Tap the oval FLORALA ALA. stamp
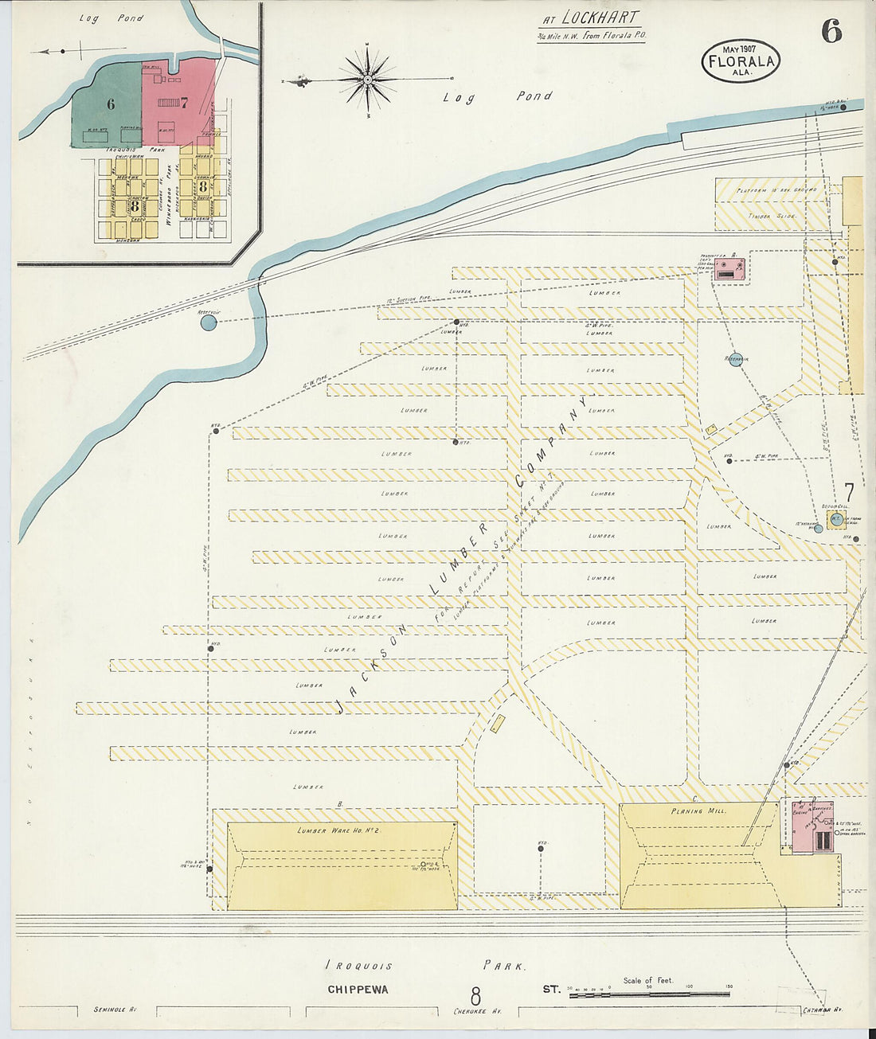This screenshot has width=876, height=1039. [x=740, y=61]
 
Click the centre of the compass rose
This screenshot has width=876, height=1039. [x=367, y=80]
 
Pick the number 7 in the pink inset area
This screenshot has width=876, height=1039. [x=183, y=102]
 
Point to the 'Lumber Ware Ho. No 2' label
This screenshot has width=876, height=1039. [x=337, y=830]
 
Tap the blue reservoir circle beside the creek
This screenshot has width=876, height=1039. [x=208, y=322]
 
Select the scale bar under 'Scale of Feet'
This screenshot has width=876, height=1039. [x=649, y=994]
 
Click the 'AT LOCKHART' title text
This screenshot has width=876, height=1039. [x=590, y=18]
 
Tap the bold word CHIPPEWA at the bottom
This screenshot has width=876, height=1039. [x=358, y=990]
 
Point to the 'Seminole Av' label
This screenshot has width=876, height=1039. [x=110, y=1010]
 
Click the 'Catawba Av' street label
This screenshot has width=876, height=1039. [x=823, y=1010]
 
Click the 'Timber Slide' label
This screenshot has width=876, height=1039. [x=757, y=216]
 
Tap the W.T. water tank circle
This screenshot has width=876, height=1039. [x=836, y=519]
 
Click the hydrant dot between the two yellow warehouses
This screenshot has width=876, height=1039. [x=541, y=849]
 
